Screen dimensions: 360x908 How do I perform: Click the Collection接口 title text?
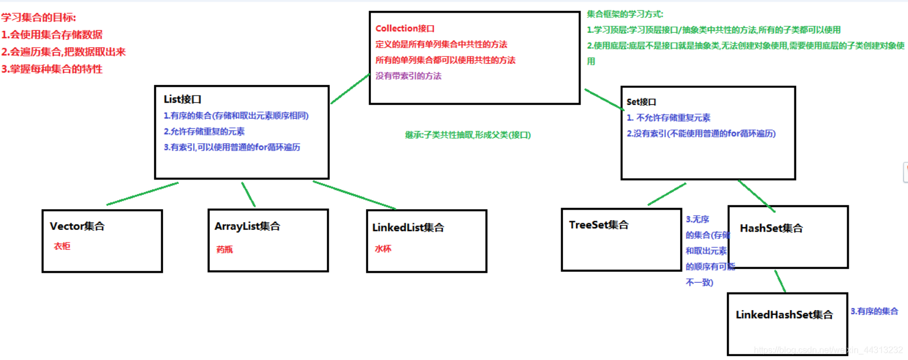click(405, 29)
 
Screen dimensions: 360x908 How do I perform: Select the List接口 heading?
click(182, 99)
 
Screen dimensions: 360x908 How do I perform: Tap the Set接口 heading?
click(641, 102)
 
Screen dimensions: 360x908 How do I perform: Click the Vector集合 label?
click(77, 226)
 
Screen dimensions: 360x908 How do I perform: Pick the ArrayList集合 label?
click(247, 226)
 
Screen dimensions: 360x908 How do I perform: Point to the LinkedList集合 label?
click(408, 227)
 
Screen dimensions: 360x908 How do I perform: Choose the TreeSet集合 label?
click(599, 225)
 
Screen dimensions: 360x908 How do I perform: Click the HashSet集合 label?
click(771, 228)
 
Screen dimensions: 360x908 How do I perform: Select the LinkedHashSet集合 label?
click(784, 315)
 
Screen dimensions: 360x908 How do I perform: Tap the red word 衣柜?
click(62, 246)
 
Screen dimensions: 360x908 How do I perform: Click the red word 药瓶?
click(224, 250)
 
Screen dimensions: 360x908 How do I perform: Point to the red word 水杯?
click(383, 249)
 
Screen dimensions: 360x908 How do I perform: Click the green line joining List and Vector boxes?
click(143, 194)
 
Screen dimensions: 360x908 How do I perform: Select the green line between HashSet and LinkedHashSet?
click(780, 281)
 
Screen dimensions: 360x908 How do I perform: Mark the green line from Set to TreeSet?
click(667, 194)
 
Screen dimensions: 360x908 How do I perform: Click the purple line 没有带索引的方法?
click(408, 76)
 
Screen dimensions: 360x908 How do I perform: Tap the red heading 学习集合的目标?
click(38, 18)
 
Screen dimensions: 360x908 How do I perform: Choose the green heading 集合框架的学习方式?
click(624, 14)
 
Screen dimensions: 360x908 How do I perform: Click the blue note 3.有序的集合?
click(874, 312)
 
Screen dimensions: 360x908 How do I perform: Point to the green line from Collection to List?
click(350, 89)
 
